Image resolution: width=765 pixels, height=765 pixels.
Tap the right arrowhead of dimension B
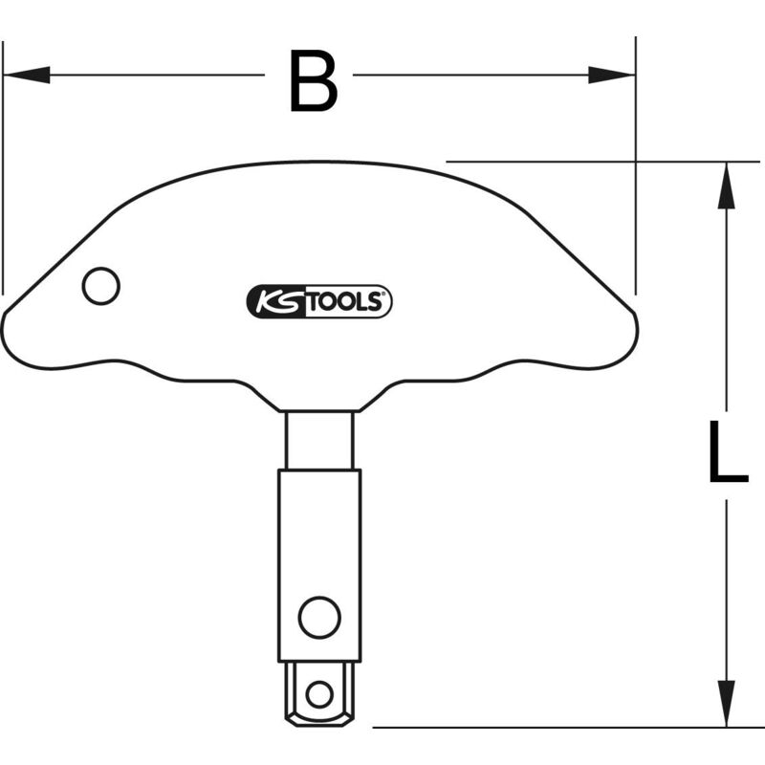(611, 75)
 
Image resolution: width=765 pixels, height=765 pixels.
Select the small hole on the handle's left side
(100, 286)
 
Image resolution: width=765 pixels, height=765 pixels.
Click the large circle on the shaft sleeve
(319, 617)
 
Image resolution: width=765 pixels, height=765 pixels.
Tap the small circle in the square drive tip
(320, 691)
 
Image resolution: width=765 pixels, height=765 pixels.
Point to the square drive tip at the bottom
(320, 693)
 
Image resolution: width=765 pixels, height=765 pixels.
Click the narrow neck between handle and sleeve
(320, 440)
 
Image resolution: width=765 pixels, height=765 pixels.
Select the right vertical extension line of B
(636, 172)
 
